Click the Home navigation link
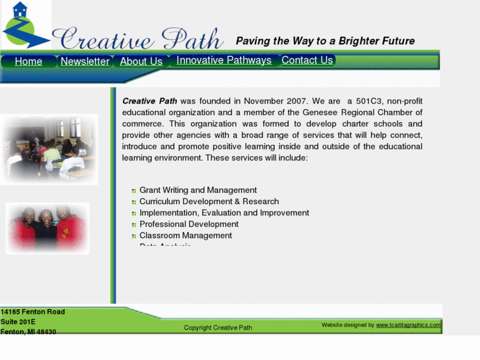pyautogui.click(x=28, y=61)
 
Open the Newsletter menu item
pyautogui.click(x=85, y=61)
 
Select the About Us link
pyautogui.click(x=141, y=61)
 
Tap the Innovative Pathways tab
pyautogui.click(x=224, y=60)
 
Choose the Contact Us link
pyautogui.click(x=307, y=60)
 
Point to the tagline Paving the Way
pyautogui.click(x=325, y=41)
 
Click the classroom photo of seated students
pyautogui.click(x=49, y=149)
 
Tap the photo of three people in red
pyautogui.click(x=48, y=228)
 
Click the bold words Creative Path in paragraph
pyautogui.click(x=150, y=101)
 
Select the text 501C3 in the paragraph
pyautogui.click(x=369, y=101)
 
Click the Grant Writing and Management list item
pyautogui.click(x=197, y=190)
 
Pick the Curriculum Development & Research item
pyautogui.click(x=209, y=201)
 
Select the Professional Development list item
pyautogui.click(x=189, y=224)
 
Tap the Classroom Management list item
pyautogui.click(x=186, y=235)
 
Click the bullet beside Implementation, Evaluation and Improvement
pyautogui.click(x=134, y=213)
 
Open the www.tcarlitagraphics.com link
pyautogui.click(x=408, y=325)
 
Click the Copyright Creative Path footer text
pyautogui.click(x=218, y=328)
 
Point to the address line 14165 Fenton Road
pyautogui.click(x=33, y=312)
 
